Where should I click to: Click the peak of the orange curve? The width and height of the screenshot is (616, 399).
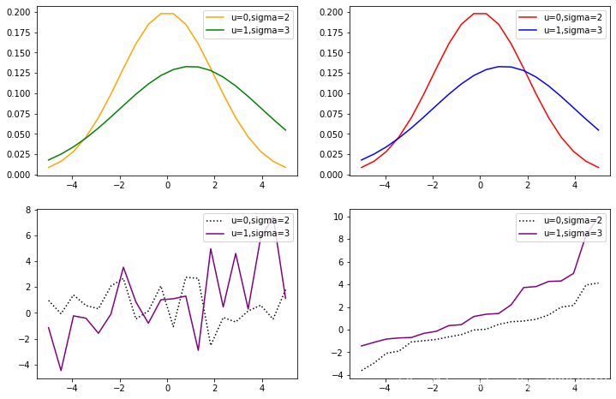click(167, 14)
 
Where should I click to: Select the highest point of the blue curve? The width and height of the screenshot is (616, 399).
click(505, 66)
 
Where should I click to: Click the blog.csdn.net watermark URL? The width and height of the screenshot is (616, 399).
click(503, 383)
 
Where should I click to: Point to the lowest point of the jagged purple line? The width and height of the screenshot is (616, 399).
click(61, 370)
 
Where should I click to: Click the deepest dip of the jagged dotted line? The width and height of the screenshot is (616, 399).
click(211, 345)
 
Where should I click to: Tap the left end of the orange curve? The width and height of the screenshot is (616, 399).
click(49, 167)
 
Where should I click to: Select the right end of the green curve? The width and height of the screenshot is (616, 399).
click(285, 130)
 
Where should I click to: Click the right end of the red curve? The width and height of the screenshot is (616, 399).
click(598, 167)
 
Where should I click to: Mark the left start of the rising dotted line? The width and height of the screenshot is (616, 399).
click(362, 370)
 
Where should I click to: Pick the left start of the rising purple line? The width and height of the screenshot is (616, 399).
click(362, 346)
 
